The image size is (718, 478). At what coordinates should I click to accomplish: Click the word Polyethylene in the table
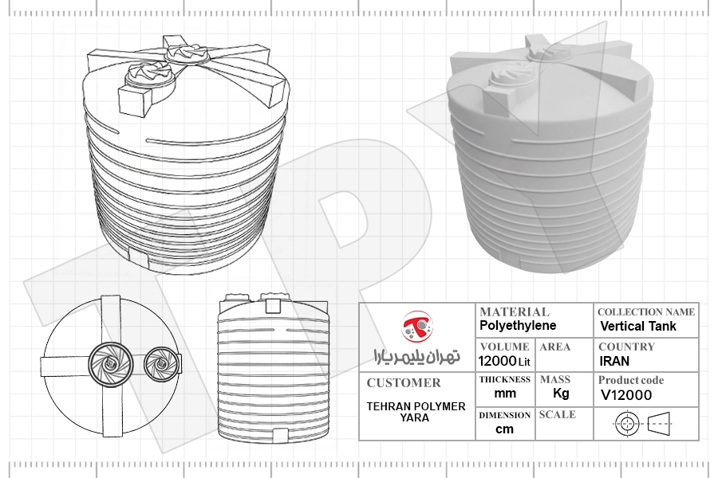[x=518, y=326]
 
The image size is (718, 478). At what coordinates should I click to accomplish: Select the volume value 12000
[x=498, y=362]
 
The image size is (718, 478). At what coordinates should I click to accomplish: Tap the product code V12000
[x=626, y=395]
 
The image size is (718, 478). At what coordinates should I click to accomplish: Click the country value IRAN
[x=614, y=362]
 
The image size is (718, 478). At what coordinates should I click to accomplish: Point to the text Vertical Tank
[x=638, y=326]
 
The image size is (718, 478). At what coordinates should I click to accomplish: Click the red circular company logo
[x=417, y=327]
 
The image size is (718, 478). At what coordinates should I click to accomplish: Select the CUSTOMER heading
[x=404, y=383]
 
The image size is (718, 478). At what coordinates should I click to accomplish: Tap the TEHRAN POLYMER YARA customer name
[x=416, y=412]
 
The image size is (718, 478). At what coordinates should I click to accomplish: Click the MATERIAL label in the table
[x=515, y=312]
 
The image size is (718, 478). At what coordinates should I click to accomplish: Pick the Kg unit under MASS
[x=561, y=394]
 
